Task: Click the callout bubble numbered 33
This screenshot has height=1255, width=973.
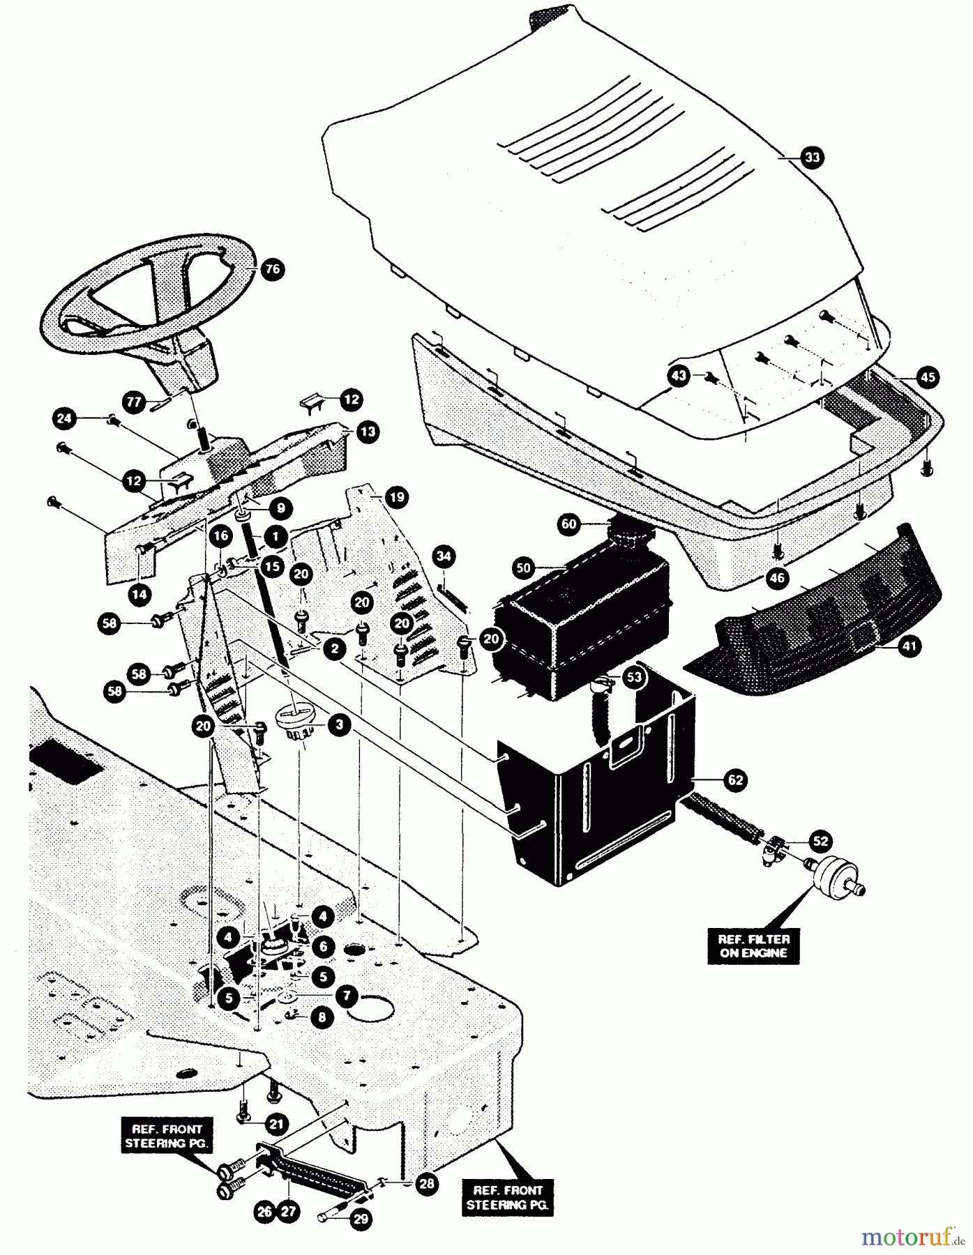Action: (x=813, y=158)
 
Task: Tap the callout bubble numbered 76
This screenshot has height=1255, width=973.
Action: (x=273, y=269)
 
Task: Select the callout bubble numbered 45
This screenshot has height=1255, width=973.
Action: (x=927, y=377)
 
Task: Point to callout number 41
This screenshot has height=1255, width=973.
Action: (x=908, y=646)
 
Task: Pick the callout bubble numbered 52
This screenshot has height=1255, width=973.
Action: (x=821, y=841)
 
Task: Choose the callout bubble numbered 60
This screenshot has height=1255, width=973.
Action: (x=570, y=524)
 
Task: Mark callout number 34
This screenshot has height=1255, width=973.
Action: (x=444, y=556)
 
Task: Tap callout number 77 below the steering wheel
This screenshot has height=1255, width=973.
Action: (x=134, y=402)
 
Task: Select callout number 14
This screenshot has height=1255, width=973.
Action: (x=139, y=594)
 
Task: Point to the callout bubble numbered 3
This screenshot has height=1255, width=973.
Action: (x=339, y=725)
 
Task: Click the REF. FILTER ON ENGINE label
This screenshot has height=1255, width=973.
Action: (x=753, y=945)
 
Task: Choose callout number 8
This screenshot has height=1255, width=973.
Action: (x=322, y=1017)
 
